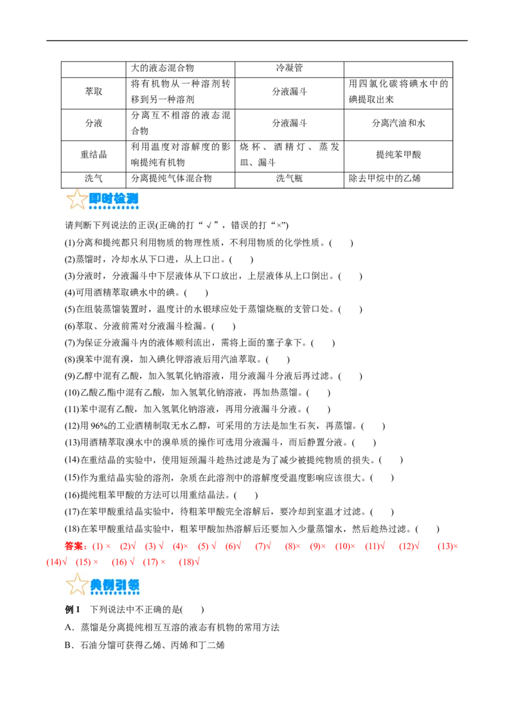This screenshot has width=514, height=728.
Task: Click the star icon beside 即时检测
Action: [x=77, y=199]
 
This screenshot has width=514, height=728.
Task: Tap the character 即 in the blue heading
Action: [x=96, y=198]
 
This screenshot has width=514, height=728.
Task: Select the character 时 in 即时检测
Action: [x=107, y=198]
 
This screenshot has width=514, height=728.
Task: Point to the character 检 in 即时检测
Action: [x=120, y=198]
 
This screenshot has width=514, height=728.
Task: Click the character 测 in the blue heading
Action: [x=132, y=198]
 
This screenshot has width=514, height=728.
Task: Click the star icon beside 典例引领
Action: [x=77, y=584]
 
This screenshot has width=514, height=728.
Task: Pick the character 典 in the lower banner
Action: [x=96, y=585]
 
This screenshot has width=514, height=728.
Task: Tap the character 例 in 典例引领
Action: [x=108, y=585]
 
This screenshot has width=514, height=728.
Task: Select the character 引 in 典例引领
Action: [x=120, y=585]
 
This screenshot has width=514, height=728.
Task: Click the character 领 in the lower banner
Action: [x=132, y=585]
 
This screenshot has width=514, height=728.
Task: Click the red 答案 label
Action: [x=75, y=547]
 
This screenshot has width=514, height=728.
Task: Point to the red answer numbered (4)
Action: [x=181, y=547]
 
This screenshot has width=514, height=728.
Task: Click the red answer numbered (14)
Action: [x=57, y=562]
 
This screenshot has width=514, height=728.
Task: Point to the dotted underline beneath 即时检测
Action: [x=114, y=208]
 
